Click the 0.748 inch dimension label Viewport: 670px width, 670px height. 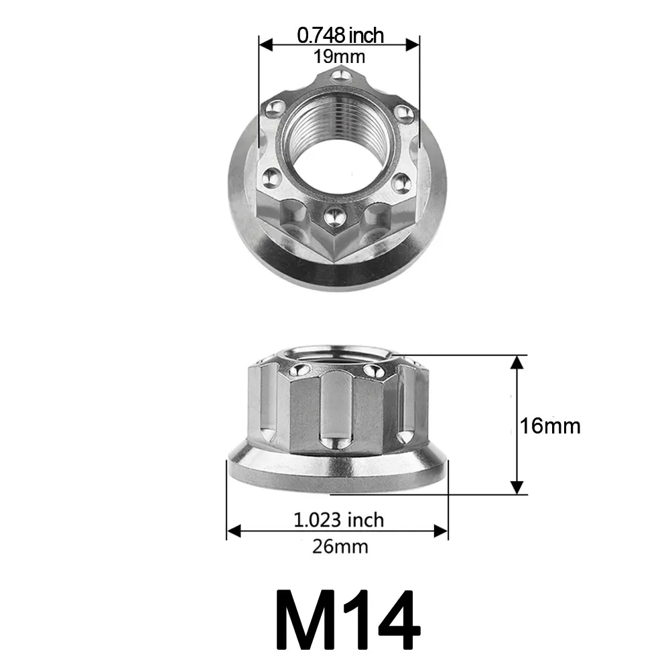pos(340,34)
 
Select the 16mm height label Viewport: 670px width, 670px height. pos(551,425)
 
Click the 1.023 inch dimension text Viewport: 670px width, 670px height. pos(339,519)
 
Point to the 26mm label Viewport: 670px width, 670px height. pos(340,547)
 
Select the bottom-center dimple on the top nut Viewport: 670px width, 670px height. pos(332,216)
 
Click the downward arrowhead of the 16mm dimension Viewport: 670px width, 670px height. pos(517,487)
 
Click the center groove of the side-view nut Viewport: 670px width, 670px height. pos(332,412)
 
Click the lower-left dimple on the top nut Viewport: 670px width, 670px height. pos(271,178)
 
